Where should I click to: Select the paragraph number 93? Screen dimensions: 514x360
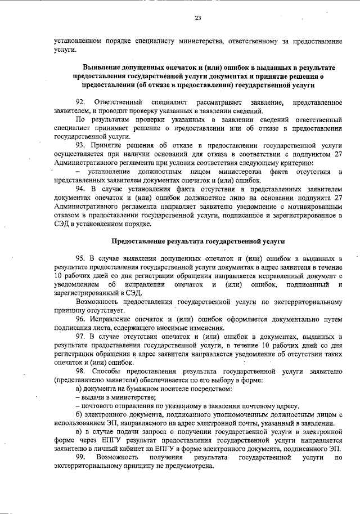tap(80, 144)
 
